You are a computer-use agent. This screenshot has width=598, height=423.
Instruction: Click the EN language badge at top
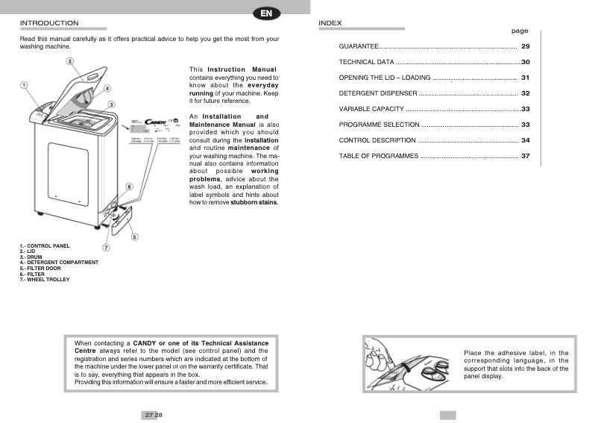(266, 13)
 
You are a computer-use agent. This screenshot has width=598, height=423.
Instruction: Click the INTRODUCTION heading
(49, 23)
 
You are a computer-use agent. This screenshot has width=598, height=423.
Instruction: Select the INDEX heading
(330, 23)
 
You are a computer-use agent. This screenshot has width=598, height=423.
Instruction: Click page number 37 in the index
(525, 156)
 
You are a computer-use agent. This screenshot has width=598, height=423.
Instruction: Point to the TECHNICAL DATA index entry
(366, 62)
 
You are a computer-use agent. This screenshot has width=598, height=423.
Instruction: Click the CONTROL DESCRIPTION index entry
(377, 140)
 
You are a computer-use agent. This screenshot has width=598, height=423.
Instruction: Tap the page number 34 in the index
(525, 140)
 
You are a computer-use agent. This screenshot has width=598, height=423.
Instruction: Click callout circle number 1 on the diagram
(24, 85)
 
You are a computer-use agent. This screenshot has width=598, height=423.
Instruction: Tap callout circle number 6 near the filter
(129, 187)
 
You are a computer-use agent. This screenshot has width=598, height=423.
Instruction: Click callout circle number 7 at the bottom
(106, 247)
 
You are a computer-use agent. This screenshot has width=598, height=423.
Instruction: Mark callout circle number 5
(135, 237)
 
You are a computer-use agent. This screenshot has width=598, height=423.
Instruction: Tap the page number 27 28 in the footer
(149, 415)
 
